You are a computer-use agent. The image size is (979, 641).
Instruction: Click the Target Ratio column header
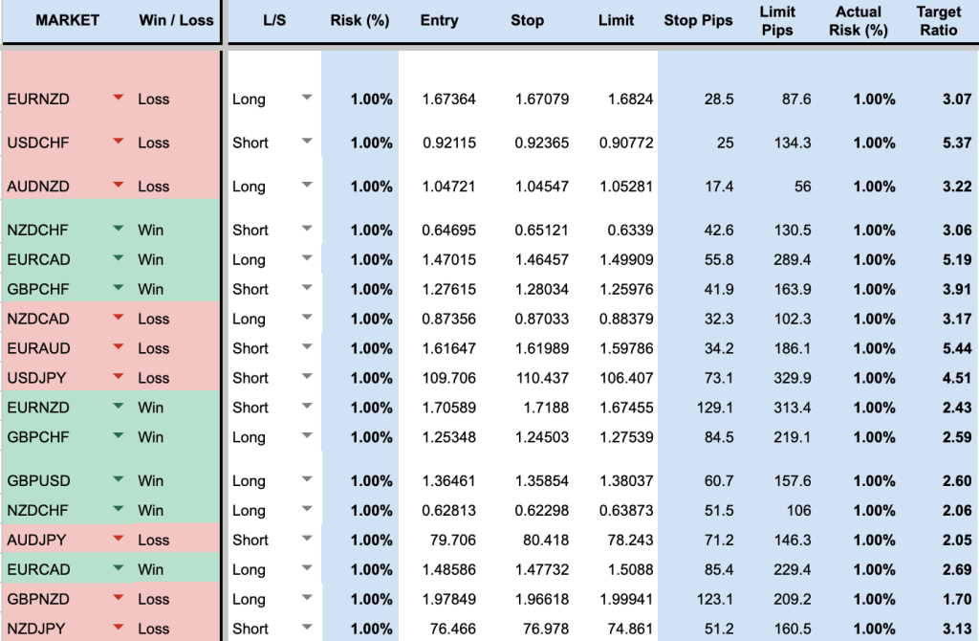[x=939, y=20]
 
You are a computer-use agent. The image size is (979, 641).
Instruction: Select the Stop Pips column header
[x=698, y=20]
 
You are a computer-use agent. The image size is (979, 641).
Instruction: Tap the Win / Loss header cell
[x=176, y=20]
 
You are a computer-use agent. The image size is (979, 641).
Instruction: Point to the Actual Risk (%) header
[x=858, y=20]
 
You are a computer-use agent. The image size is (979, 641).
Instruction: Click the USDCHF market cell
[x=38, y=143]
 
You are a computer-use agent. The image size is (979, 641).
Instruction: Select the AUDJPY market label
[x=37, y=540]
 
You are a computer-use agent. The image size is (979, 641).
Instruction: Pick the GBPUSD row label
[x=38, y=480]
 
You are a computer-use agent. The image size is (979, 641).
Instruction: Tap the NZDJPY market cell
[x=37, y=629]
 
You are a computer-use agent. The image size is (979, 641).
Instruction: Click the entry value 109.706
[x=448, y=378]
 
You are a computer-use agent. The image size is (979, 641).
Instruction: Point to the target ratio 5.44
[x=956, y=348]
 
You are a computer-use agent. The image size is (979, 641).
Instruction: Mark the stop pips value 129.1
[x=715, y=408]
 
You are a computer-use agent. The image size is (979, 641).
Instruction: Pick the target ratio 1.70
[x=956, y=599]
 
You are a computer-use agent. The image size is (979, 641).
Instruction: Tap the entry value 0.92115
[x=448, y=143]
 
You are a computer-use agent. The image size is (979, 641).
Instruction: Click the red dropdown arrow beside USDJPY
[x=118, y=377]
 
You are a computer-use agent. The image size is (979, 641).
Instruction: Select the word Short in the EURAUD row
[x=250, y=348]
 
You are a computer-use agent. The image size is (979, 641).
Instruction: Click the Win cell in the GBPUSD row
[x=151, y=480]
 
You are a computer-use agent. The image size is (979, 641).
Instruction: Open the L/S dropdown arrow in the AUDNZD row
[x=307, y=186]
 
